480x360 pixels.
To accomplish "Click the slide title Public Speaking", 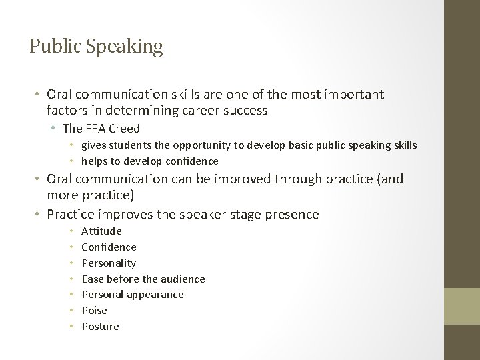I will pyautogui.click(x=96, y=47).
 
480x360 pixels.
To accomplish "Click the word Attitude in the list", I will pyautogui.click(x=101, y=231).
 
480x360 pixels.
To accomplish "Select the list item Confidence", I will pyautogui.click(x=109, y=247).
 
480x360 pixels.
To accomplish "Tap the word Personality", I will pyautogui.click(x=109, y=263).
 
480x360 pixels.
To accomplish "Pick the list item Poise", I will pyautogui.click(x=94, y=311).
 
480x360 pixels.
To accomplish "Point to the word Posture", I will pyautogui.click(x=100, y=327).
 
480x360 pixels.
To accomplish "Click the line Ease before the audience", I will pyautogui.click(x=143, y=279).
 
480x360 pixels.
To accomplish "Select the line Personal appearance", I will pyautogui.click(x=132, y=295).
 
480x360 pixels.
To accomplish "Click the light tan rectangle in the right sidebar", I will pyautogui.click(x=462, y=306).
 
